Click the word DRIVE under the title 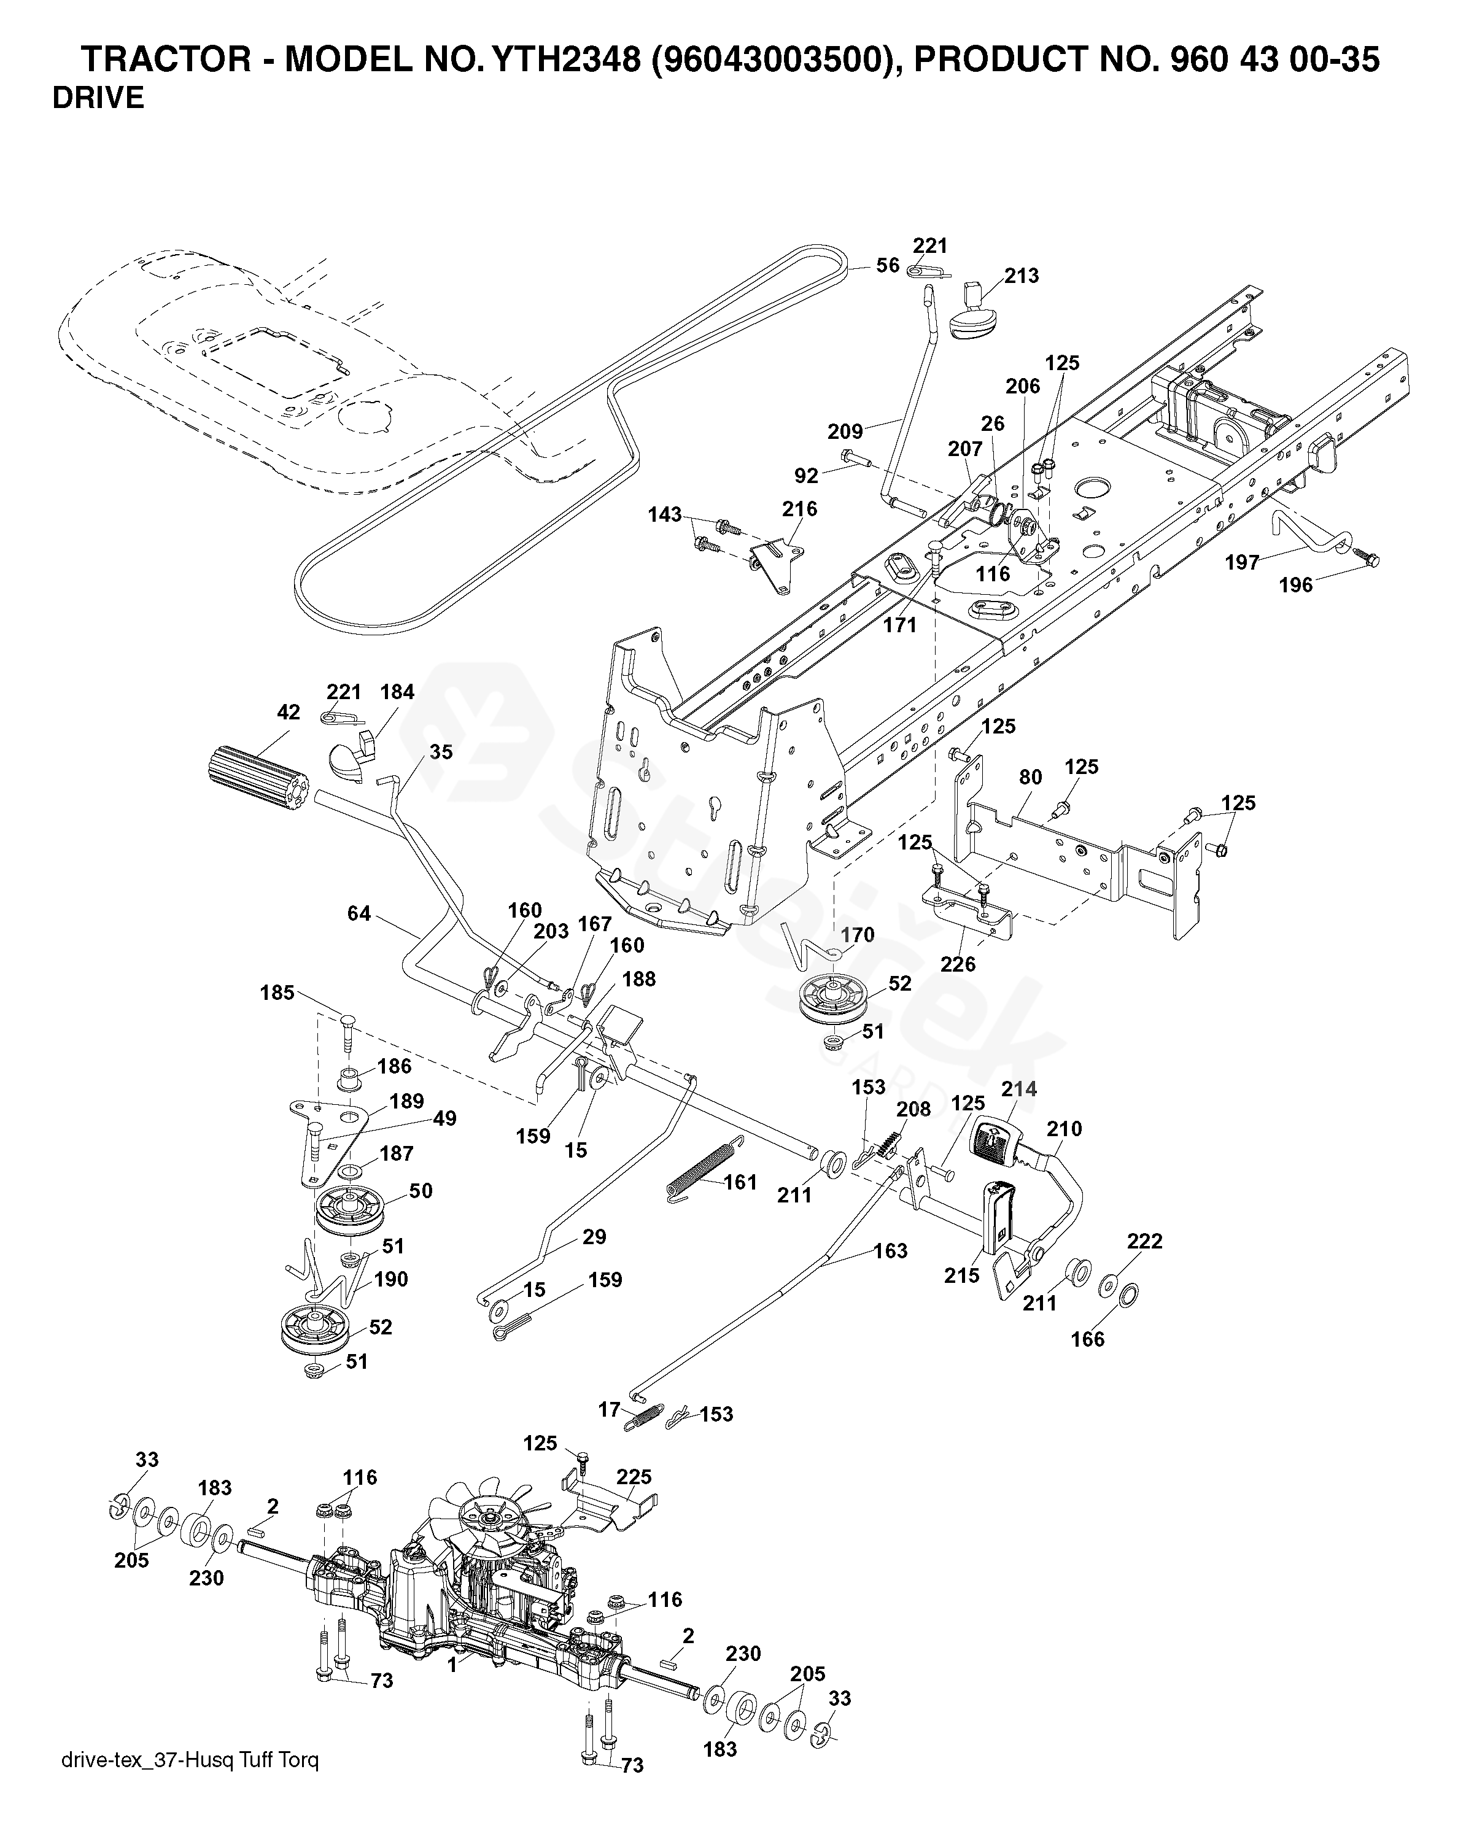tap(98, 99)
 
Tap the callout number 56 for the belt tap(887, 266)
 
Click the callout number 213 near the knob tap(1022, 276)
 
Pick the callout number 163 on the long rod tap(890, 1250)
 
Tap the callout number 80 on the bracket tap(1030, 777)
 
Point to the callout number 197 tap(1243, 562)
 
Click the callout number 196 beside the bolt tap(1296, 584)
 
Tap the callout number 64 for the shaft tap(359, 913)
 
